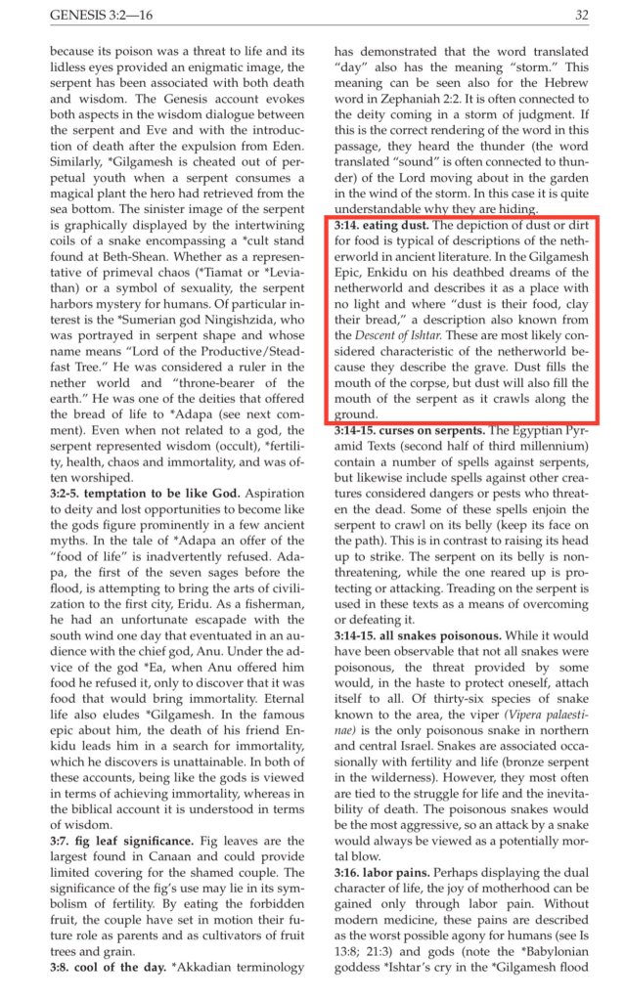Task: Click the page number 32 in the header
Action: coord(581,15)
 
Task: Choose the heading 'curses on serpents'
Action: coord(437,457)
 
